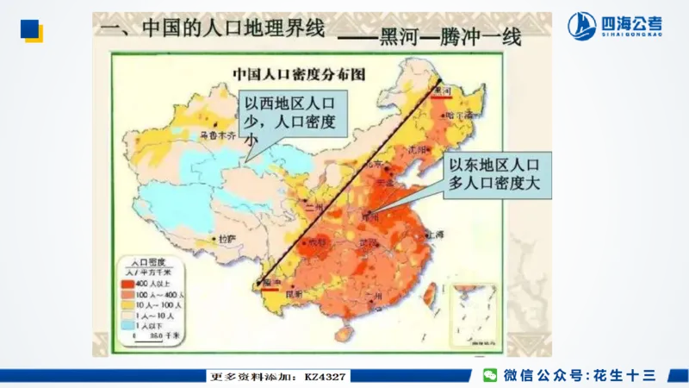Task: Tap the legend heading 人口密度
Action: point(146,259)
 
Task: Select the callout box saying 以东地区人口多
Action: point(494,176)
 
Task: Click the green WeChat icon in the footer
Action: point(489,375)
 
